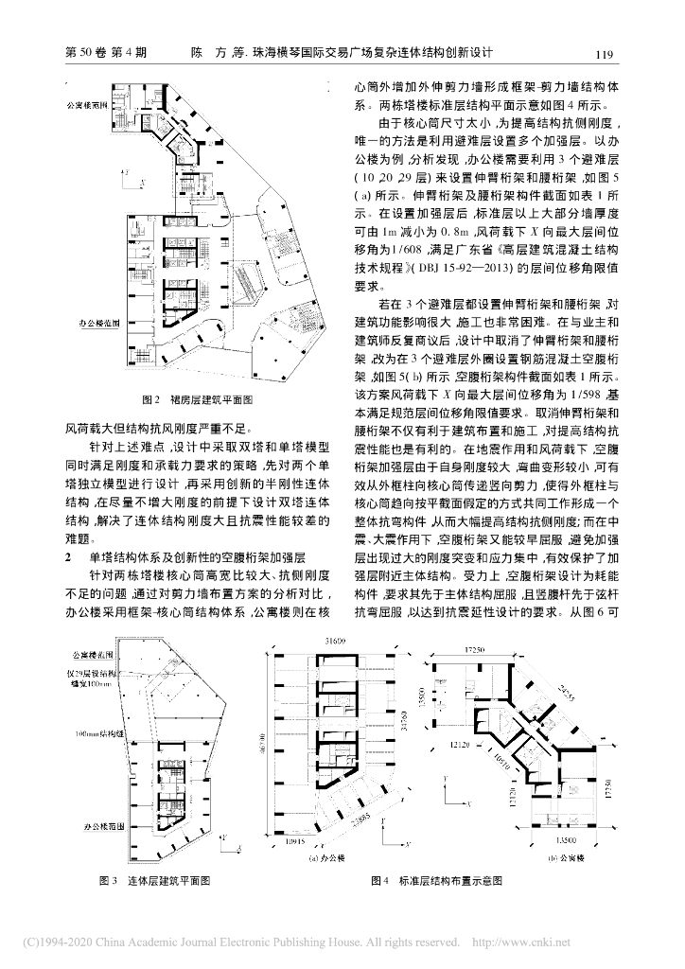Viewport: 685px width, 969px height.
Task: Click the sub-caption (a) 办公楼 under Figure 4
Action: click(x=325, y=859)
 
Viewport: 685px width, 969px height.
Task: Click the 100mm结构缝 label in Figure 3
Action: click(x=91, y=733)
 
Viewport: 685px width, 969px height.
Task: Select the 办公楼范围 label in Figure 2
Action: click(x=98, y=323)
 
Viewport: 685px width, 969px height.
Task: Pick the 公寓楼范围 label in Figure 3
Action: click(x=89, y=655)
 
